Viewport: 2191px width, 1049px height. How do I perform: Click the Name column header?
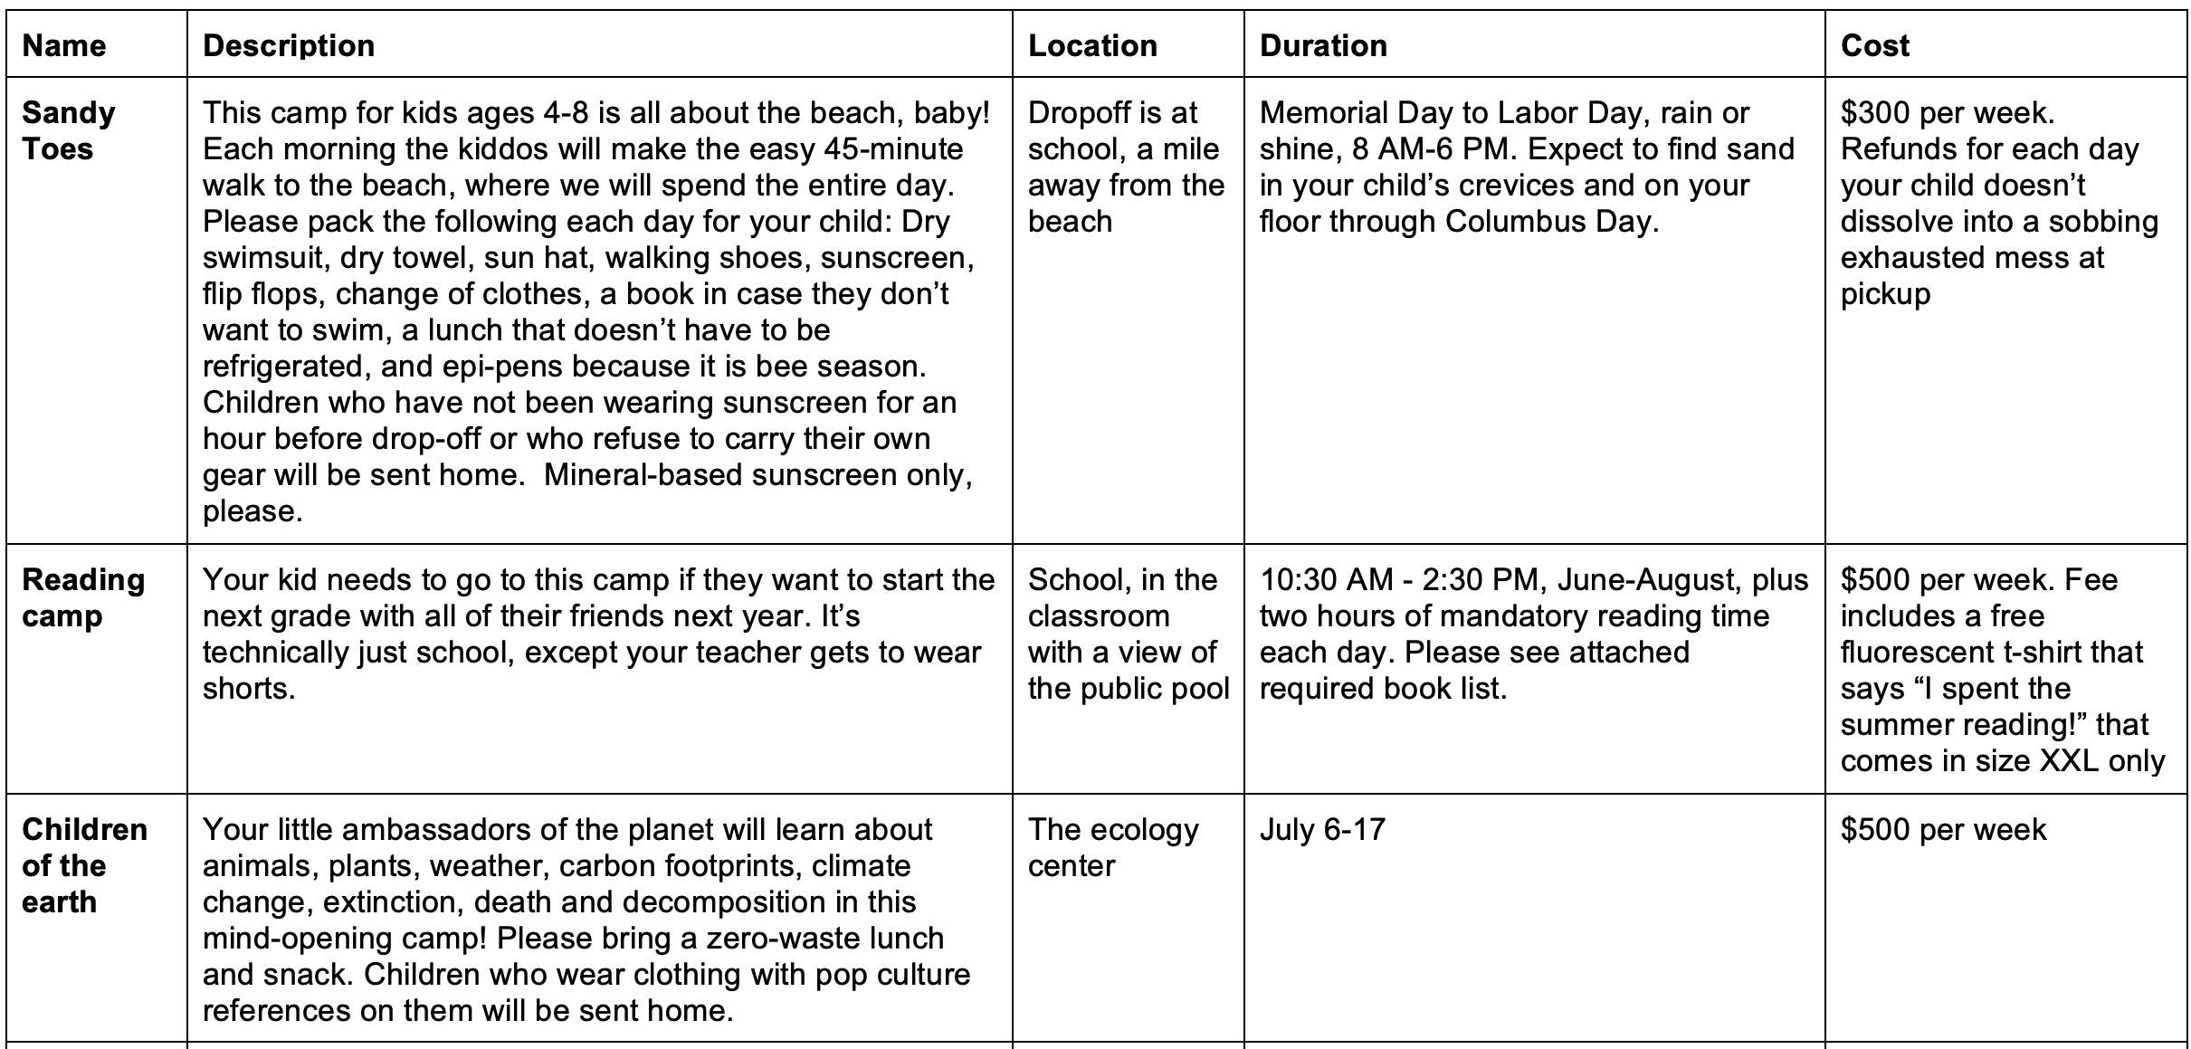tap(64, 45)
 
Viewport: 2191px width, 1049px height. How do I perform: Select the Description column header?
tap(289, 45)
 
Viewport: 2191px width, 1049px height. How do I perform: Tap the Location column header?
tap(1092, 45)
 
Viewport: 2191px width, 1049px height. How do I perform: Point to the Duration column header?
tap(1323, 45)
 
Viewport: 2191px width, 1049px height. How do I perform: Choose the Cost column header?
tap(1875, 45)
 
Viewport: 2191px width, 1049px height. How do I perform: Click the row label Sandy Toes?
tap(69, 130)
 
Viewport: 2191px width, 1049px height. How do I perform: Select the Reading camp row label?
tap(83, 597)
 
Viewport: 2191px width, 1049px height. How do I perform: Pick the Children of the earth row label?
tap(84, 865)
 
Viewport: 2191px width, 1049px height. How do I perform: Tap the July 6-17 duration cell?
tap(1322, 830)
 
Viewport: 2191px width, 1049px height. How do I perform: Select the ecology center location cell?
tap(1113, 848)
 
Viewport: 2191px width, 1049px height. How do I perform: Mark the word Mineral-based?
tap(643, 475)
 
